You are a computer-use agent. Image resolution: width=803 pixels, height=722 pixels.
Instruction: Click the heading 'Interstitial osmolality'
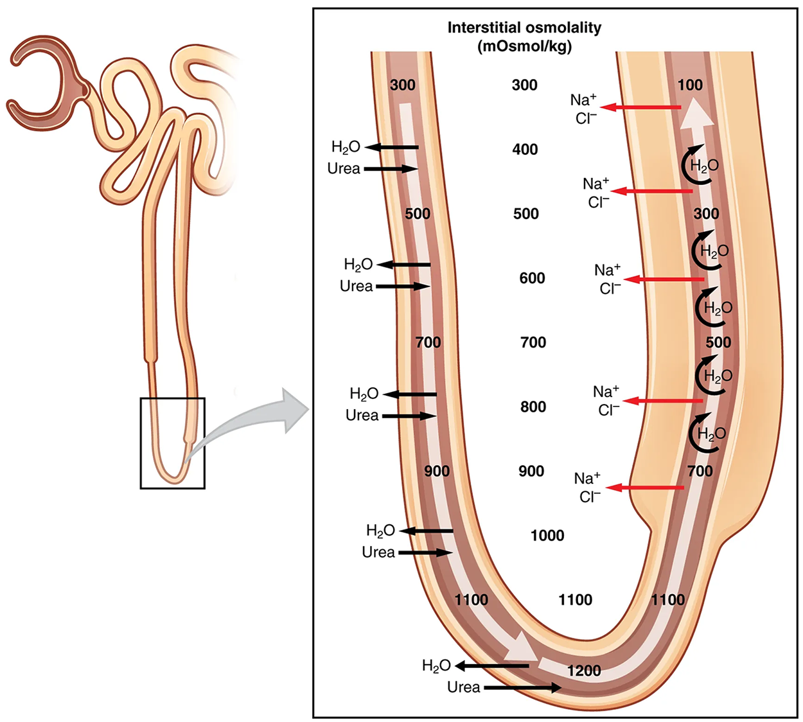[524, 28]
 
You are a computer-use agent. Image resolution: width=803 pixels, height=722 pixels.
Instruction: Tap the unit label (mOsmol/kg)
[524, 46]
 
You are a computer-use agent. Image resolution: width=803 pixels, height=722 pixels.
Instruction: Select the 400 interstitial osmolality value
[525, 150]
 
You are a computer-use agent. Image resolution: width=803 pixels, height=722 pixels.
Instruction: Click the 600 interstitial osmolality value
[532, 278]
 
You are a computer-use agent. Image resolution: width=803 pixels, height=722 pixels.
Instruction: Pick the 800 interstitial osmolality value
[533, 407]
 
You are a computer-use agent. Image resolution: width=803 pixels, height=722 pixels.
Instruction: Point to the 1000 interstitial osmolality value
[547, 535]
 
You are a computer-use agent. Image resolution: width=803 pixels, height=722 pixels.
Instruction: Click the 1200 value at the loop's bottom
[584, 671]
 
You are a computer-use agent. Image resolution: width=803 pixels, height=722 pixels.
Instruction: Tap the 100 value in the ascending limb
[690, 85]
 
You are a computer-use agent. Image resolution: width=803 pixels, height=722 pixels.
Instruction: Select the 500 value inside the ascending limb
[718, 342]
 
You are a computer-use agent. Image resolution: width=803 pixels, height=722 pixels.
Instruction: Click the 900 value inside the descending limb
[437, 471]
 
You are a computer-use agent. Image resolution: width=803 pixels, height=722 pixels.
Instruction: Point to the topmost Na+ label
[583, 100]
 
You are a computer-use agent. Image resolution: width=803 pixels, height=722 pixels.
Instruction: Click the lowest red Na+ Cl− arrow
[645, 488]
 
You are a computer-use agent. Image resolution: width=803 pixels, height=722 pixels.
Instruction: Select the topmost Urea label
[344, 169]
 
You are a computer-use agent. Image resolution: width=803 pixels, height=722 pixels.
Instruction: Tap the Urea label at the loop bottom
[464, 687]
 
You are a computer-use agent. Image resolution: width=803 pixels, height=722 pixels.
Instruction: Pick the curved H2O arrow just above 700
[707, 434]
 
